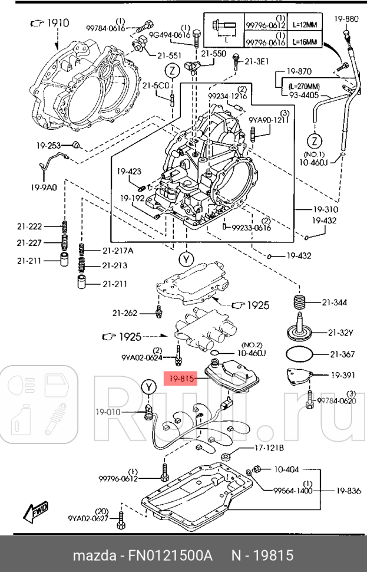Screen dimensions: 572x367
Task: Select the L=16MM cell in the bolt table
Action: [308, 42]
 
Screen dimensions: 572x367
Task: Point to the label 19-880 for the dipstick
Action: [346, 19]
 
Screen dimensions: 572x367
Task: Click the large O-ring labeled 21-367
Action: [300, 355]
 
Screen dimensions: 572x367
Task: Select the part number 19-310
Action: [326, 209]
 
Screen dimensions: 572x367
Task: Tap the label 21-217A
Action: [118, 250]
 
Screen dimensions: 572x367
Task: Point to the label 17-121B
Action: [269, 448]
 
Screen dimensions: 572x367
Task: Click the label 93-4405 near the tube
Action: [303, 94]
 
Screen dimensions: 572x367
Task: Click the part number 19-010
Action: [108, 412]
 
